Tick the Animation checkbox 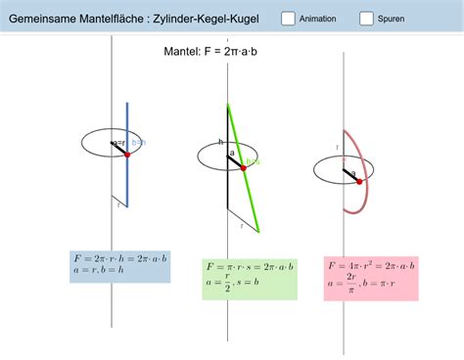289,19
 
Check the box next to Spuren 366,19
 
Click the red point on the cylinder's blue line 127,155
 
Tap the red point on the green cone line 242,167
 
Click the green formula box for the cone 249,278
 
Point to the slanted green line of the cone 249,196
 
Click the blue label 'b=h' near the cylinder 139,144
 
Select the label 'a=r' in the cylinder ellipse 117,144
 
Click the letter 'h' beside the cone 221,143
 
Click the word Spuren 392,19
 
